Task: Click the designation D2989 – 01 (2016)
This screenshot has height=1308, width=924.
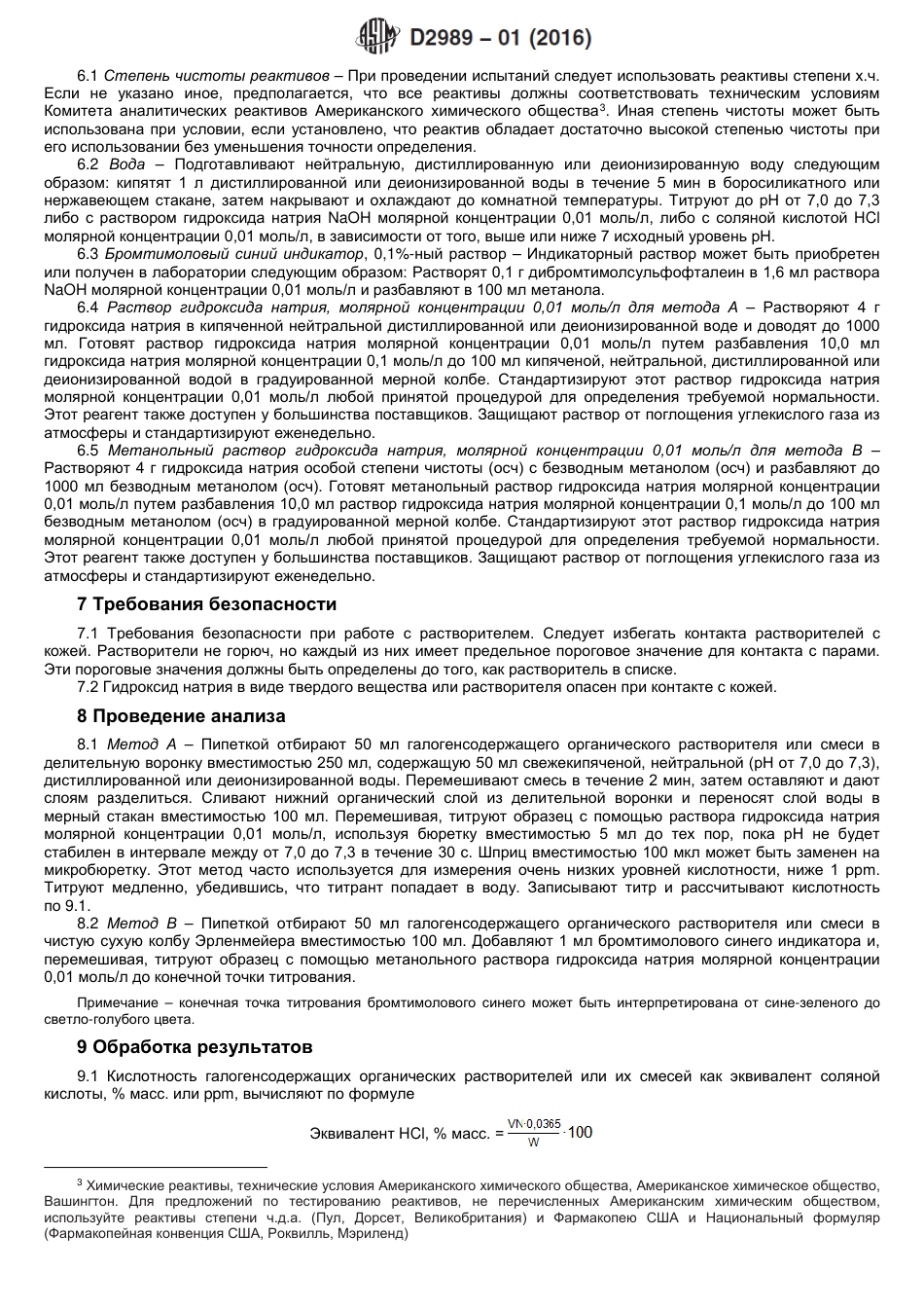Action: pyautogui.click(x=501, y=38)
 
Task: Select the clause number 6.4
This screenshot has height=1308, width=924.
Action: pyautogui.click(x=88, y=308)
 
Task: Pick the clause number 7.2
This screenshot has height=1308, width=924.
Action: pyautogui.click(x=88, y=687)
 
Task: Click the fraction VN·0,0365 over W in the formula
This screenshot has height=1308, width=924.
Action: pyautogui.click(x=534, y=1132)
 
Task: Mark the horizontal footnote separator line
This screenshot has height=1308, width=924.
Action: pyautogui.click(x=156, y=1166)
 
